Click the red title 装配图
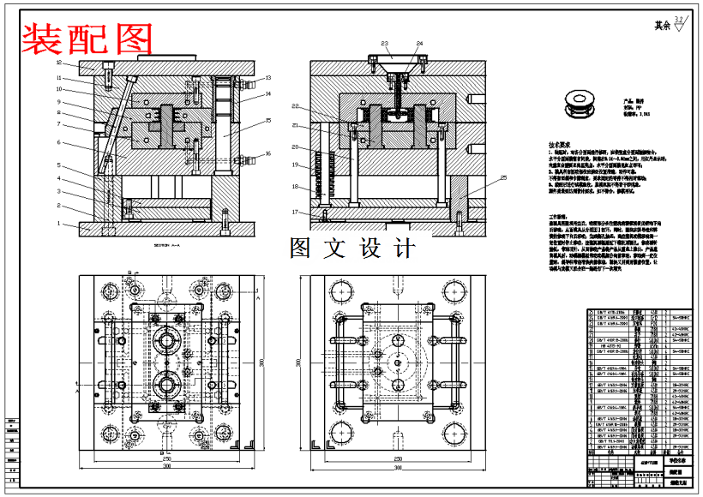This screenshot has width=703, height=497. (87, 39)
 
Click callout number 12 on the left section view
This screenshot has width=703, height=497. (59, 63)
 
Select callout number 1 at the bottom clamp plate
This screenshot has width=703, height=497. (59, 224)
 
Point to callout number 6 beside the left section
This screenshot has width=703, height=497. (59, 143)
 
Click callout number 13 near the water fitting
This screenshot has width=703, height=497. (268, 78)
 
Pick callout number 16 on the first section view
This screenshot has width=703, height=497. (268, 154)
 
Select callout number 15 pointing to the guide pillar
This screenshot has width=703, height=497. (268, 121)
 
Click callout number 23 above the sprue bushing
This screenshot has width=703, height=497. (385, 43)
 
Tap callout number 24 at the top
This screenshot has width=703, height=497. (419, 43)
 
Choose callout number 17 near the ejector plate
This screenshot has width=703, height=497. (294, 212)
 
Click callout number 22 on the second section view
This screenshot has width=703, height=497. (294, 106)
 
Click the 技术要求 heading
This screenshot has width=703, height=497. (562, 146)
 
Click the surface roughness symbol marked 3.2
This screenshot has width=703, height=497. (679, 23)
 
